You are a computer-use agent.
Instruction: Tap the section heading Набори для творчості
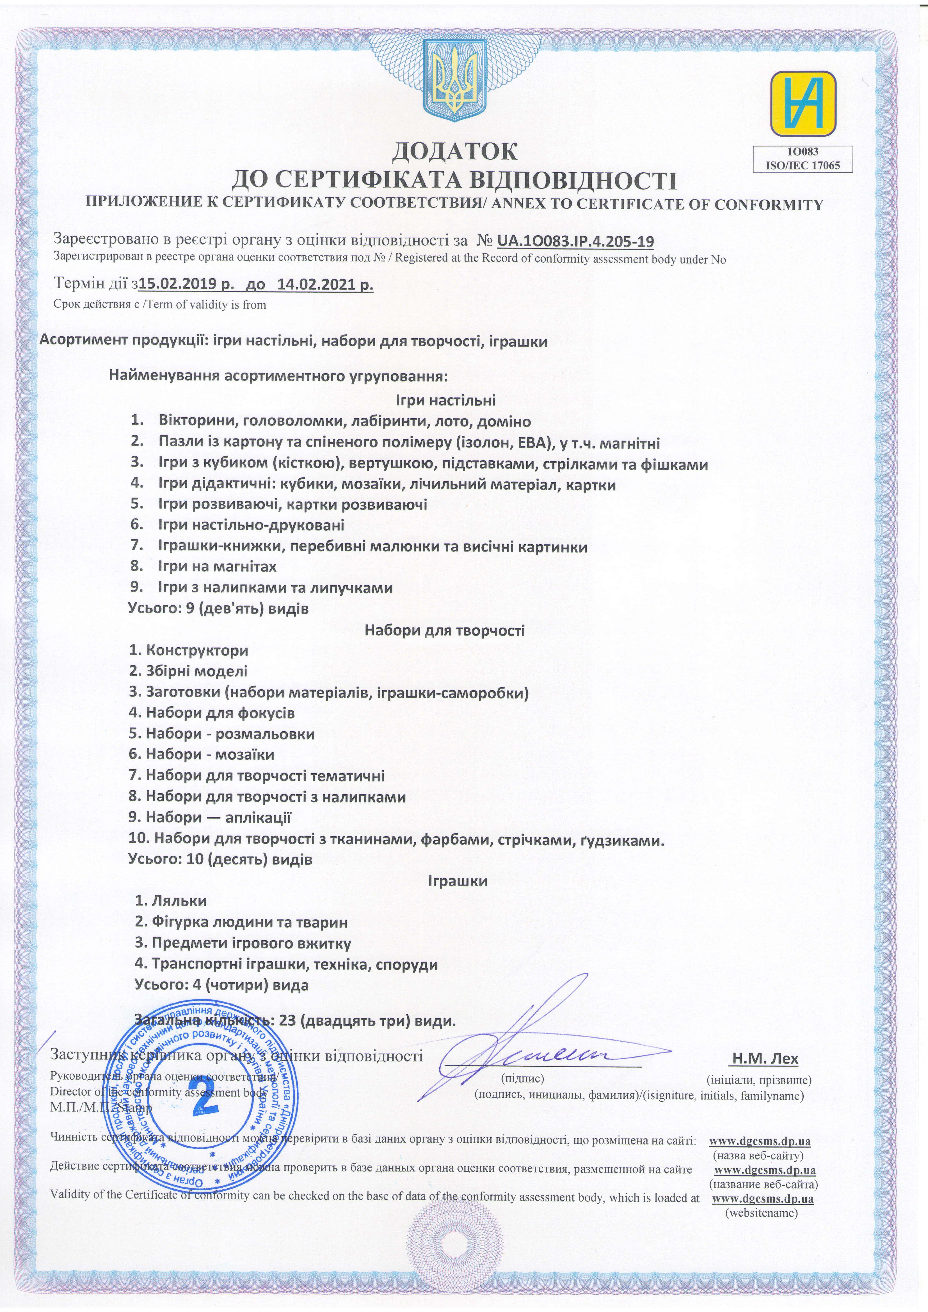coord(444,630)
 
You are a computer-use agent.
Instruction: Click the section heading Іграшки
coord(458,880)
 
